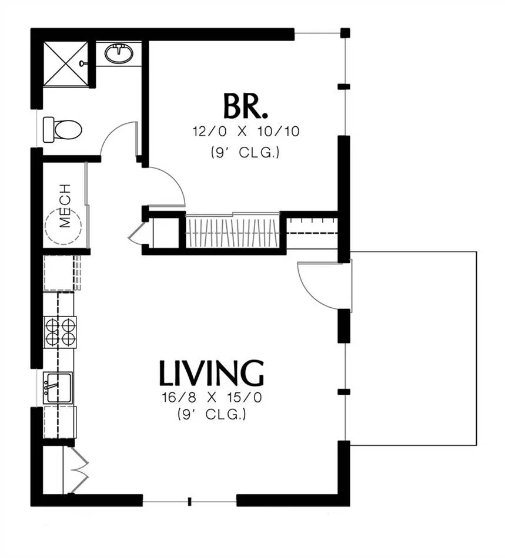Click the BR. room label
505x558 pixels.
pyautogui.click(x=245, y=106)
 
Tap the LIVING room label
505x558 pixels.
pyautogui.click(x=212, y=373)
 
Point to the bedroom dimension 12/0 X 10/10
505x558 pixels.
pyautogui.click(x=246, y=132)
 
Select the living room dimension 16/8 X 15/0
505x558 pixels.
pyautogui.click(x=212, y=397)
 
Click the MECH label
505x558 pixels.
pyautogui.click(x=65, y=206)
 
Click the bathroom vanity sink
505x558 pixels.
pyautogui.click(x=119, y=53)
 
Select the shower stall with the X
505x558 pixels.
pyautogui.click(x=65, y=64)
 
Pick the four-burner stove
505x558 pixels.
pyautogui.click(x=60, y=332)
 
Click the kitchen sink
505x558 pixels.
pyautogui.click(x=58, y=388)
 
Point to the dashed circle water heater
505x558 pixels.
pyautogui.click(x=63, y=226)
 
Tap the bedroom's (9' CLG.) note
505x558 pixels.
pyautogui.click(x=245, y=153)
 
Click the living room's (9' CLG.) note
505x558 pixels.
pyautogui.click(x=212, y=414)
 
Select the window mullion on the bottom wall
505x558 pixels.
pyautogui.click(x=189, y=502)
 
